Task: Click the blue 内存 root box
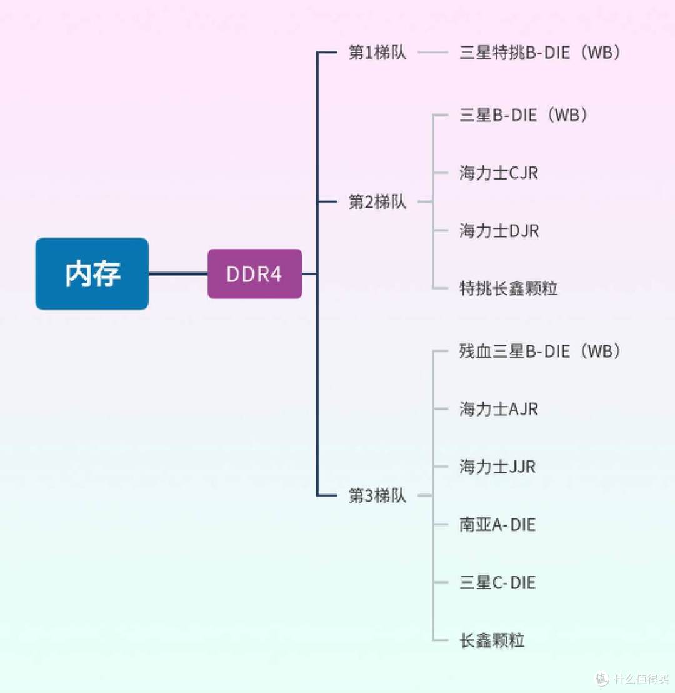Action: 92,274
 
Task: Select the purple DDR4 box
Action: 254,274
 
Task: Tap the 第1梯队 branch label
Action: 377,53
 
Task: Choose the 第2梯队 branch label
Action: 377,202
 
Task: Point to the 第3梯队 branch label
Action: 377,496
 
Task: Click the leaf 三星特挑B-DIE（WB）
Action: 541,53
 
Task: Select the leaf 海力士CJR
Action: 498,173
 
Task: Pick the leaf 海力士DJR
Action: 499,231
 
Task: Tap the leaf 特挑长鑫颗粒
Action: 508,288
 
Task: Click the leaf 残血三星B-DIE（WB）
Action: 541,352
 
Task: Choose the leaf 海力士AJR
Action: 498,409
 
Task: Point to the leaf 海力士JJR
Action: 497,467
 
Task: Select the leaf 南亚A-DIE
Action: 497,525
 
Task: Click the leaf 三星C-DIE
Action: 497,582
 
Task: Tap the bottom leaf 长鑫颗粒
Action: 492,640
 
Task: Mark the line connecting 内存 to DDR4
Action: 178,274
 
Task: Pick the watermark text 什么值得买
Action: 639,679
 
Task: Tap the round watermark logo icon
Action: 601,679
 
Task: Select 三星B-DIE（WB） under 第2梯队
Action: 524,116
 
